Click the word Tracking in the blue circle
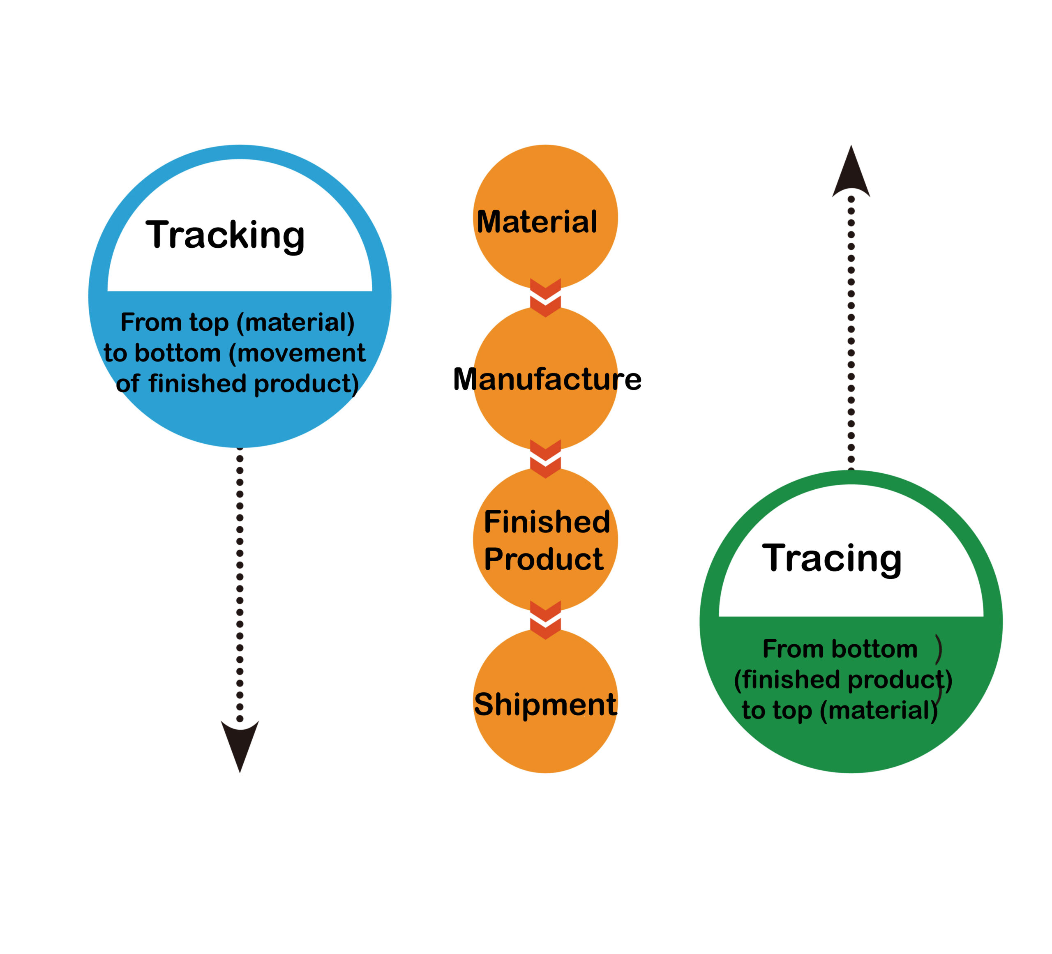226,236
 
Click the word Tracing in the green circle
832,559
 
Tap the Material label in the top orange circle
537,222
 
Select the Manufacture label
547,379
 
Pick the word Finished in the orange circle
547,522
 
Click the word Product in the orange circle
544,559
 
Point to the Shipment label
545,705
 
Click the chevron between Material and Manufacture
545,298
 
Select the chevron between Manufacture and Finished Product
545,459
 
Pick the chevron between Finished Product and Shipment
545,620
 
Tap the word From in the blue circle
151,323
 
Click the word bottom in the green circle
874,649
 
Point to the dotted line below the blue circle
240,584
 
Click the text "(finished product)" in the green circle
843,680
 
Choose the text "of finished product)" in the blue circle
238,384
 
